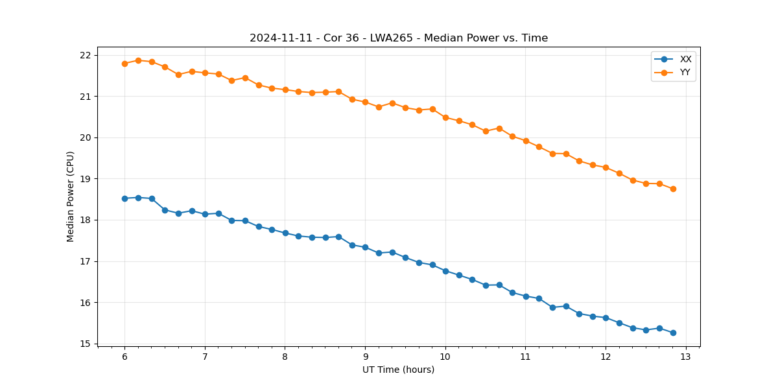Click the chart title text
(x=399, y=38)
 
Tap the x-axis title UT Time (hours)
(x=398, y=370)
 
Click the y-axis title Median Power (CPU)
(x=71, y=196)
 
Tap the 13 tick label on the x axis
(x=686, y=357)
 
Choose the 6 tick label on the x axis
(x=124, y=357)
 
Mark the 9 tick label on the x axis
(x=365, y=357)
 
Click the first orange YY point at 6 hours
(x=124, y=64)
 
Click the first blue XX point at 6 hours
(x=124, y=198)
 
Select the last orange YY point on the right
(x=673, y=189)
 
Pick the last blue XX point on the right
(x=673, y=333)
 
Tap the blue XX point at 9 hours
(x=365, y=247)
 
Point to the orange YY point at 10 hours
(x=445, y=117)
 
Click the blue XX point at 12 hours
(x=606, y=318)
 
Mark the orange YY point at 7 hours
(x=205, y=73)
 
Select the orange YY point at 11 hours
(x=526, y=141)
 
